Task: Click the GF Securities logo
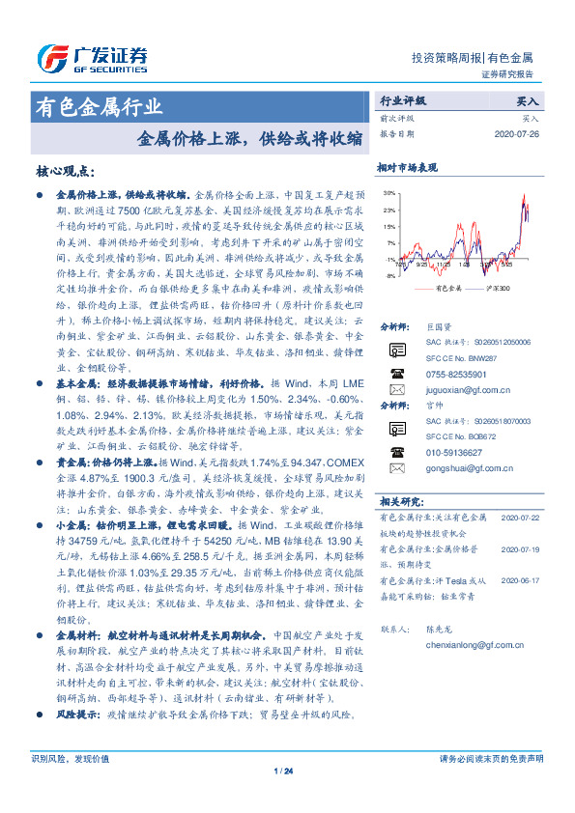(92, 60)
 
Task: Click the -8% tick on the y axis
(389, 276)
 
